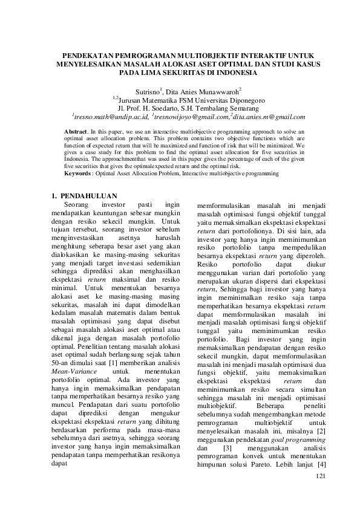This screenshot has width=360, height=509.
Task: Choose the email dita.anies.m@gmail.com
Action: [x=269, y=116]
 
